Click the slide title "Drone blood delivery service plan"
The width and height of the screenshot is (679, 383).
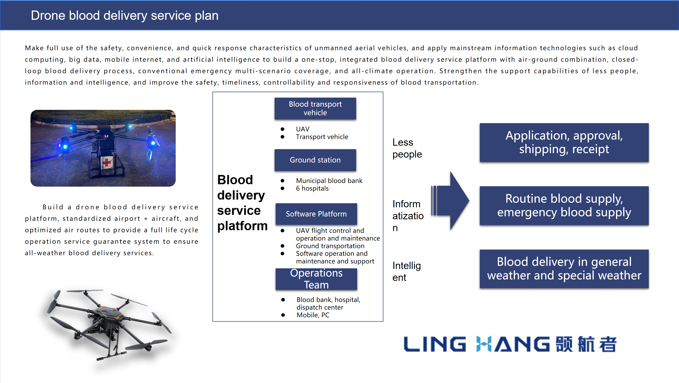coord(124,15)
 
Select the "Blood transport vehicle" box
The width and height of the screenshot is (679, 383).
coord(315,108)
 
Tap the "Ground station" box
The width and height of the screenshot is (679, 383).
coord(315,160)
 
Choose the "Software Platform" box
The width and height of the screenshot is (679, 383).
coord(316,214)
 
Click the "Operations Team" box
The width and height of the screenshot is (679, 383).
coord(316,279)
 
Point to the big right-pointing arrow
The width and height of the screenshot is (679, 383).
coord(453,201)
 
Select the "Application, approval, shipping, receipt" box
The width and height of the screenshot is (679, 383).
coord(564,142)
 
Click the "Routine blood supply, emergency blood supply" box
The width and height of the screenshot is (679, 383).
coord(564,206)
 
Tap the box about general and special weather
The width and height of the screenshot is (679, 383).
coord(564,269)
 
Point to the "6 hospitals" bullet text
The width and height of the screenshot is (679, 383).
coord(312,188)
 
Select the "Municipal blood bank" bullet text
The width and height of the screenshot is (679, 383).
coord(329,181)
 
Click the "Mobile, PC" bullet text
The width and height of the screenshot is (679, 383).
coord(313,315)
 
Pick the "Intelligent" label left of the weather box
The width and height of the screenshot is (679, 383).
coord(406,271)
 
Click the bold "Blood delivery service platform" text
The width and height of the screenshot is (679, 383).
coord(242,203)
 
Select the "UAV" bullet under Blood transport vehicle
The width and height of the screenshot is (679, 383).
coord(302,129)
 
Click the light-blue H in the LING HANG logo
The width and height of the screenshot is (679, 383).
coord(484,344)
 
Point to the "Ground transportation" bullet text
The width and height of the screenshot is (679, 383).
coord(330,246)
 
